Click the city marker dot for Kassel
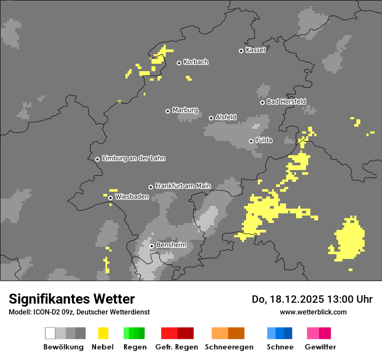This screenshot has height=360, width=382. pyautogui.click(x=241, y=51)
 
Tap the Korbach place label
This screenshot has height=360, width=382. pyautogui.click(x=196, y=62)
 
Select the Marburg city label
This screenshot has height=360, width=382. pyautogui.click(x=185, y=110)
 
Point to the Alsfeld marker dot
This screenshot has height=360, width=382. pyautogui.click(x=211, y=118)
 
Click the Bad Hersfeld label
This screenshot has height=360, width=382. pyautogui.click(x=286, y=101)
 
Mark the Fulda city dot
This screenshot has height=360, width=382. pyautogui.click(x=251, y=141)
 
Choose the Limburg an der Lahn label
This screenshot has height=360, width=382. pyautogui.click(x=133, y=158)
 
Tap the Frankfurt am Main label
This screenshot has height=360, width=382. pyautogui.click(x=183, y=186)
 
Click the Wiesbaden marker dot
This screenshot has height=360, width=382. pyautogui.click(x=111, y=198)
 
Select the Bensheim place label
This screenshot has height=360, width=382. pyautogui.click(x=171, y=245)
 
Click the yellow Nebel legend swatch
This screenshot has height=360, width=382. pyautogui.click(x=103, y=333)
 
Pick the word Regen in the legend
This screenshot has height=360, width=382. pyautogui.click(x=135, y=347)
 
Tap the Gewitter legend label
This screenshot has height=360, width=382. pyautogui.click(x=320, y=347)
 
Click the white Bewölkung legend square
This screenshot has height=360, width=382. pyautogui.click(x=50, y=333)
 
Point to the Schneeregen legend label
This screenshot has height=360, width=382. pyautogui.click(x=229, y=347)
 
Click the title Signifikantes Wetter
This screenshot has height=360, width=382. pyautogui.click(x=72, y=299)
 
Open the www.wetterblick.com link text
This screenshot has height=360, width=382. pyautogui.click(x=313, y=312)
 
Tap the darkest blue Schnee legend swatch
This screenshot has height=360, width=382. pyautogui.click(x=288, y=333)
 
